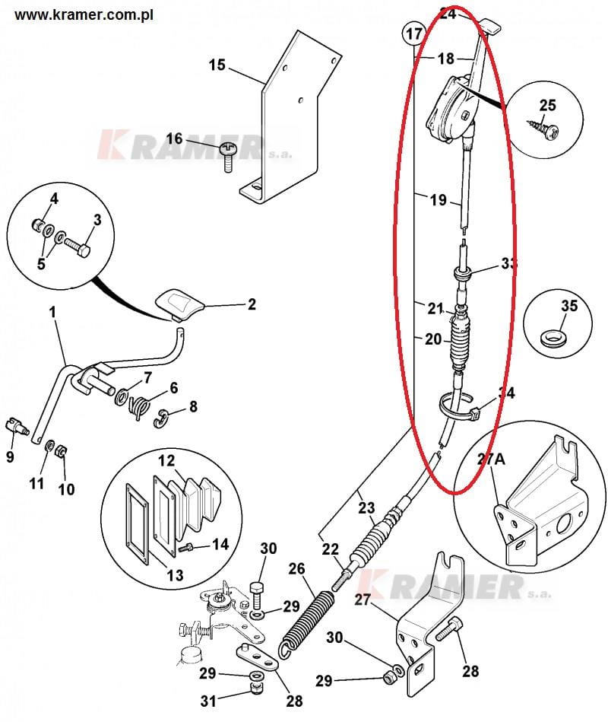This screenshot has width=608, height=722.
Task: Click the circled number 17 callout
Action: [413, 33]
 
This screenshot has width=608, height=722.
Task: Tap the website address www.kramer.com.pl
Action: [84, 14]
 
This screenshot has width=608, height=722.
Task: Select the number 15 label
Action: [217, 65]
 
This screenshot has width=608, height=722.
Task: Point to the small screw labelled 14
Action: [185, 549]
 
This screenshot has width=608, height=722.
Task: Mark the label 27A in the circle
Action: [490, 459]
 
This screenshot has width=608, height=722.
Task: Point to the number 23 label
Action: [366, 507]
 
